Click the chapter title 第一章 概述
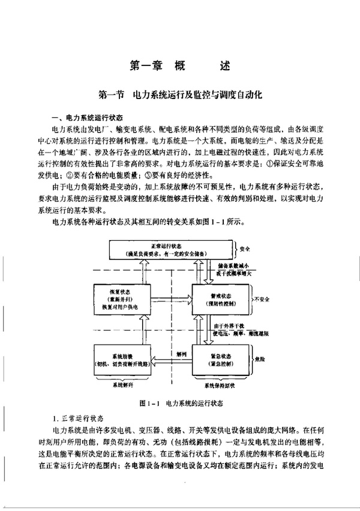pyautogui.click(x=179, y=65)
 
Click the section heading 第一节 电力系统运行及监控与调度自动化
pyautogui.click(x=180, y=95)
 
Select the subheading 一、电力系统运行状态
pyautogui.click(x=88, y=118)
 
